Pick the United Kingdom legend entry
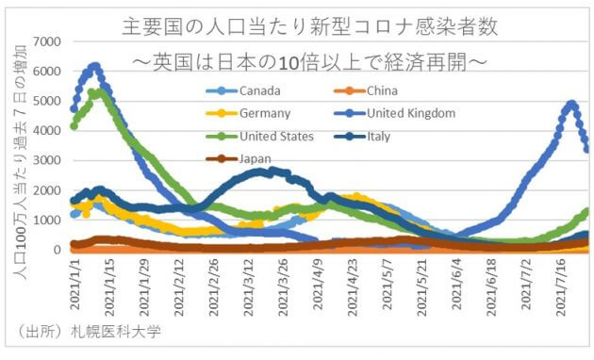[x=411, y=114]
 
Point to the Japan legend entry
[x=253, y=158]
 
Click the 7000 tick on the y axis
[x=45, y=41]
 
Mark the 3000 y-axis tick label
[x=45, y=160]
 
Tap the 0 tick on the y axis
[x=58, y=250]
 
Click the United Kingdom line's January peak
[x=94, y=66]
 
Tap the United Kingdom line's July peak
[x=572, y=104]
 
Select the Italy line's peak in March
[x=270, y=171]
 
